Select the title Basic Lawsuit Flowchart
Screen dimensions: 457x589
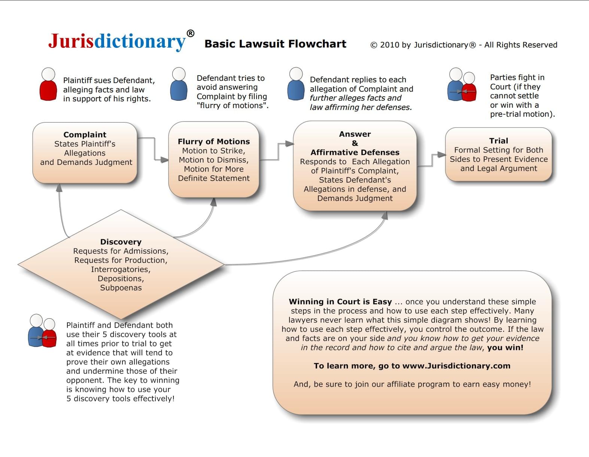275,44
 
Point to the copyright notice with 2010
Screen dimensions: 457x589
464,45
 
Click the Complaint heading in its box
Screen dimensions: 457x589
85,135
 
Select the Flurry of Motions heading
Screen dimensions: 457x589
214,141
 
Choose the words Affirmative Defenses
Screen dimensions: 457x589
355,152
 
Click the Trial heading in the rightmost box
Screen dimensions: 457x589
498,141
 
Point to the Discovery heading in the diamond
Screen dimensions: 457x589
121,242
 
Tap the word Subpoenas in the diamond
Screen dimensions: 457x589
121,288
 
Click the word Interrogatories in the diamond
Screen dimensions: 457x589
121,269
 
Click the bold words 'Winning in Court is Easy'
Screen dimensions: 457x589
340,301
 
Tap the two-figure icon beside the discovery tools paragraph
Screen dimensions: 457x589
42,331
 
